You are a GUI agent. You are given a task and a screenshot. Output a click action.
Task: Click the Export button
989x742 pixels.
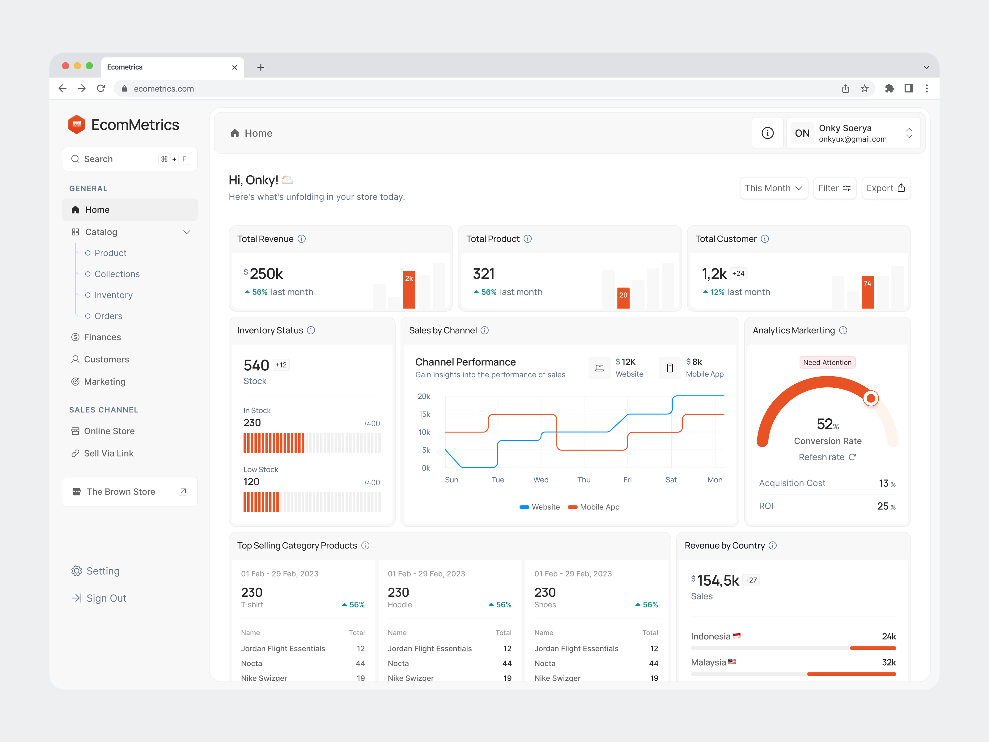click(885, 188)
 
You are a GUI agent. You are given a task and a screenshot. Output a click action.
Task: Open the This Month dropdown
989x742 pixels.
click(773, 188)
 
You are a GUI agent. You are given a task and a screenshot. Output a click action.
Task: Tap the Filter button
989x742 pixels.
click(834, 188)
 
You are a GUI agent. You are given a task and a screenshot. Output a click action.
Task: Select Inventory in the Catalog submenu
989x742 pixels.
click(113, 295)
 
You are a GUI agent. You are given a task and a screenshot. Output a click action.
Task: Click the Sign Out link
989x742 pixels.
click(106, 599)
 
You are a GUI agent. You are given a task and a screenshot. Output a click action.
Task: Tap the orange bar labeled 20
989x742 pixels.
click(623, 298)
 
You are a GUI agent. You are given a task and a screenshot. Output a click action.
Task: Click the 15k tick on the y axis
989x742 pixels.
click(424, 414)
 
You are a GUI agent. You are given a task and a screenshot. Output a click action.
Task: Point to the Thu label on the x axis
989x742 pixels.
click(584, 480)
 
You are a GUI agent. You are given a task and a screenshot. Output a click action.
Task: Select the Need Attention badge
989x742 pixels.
click(827, 362)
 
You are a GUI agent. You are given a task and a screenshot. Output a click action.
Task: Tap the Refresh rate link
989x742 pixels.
click(827, 457)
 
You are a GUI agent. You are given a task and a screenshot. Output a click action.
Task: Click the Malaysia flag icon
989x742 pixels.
click(732, 662)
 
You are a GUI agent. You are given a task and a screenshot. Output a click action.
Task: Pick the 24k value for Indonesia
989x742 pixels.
click(889, 637)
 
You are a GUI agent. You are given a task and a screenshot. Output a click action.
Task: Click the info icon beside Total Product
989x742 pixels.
click(528, 239)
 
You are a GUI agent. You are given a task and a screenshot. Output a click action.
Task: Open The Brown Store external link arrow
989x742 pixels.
click(183, 492)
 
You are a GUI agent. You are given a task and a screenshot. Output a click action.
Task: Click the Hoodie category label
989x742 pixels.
click(399, 605)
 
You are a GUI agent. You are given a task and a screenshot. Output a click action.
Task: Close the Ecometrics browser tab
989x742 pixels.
click(234, 67)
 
